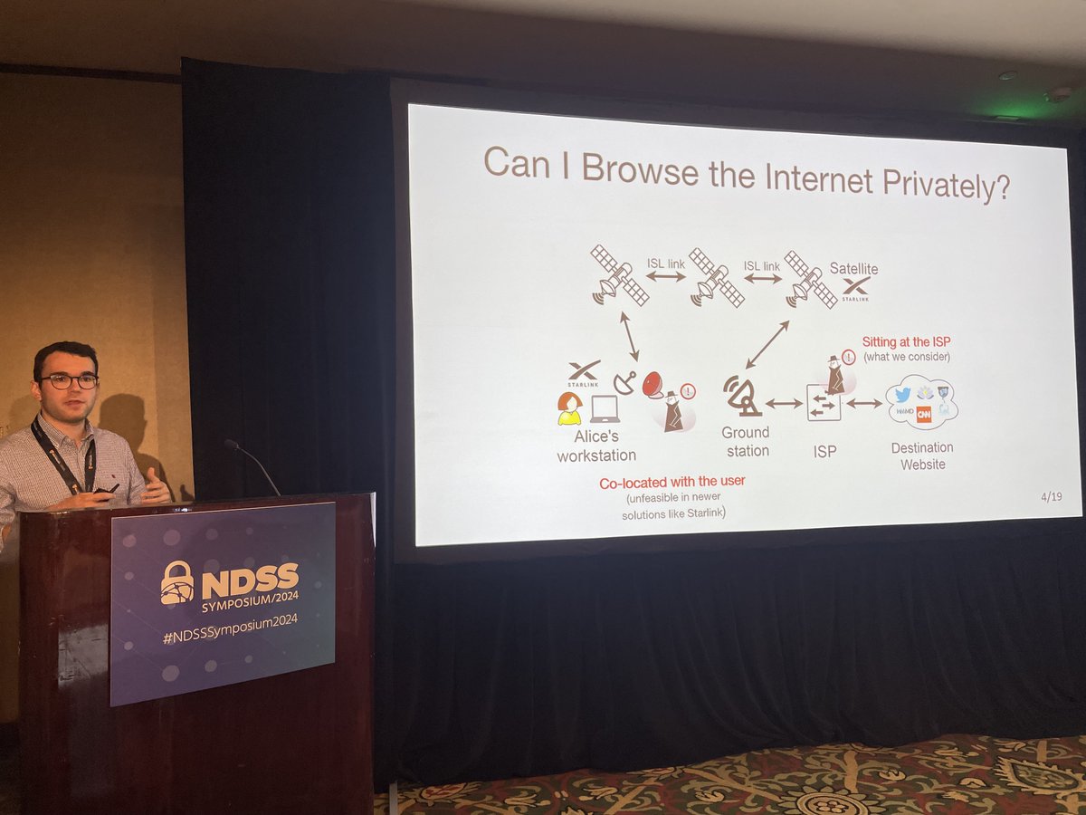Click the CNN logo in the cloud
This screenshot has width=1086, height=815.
click(924, 414)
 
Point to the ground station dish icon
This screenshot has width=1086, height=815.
click(742, 396)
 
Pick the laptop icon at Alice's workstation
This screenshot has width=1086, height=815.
click(605, 409)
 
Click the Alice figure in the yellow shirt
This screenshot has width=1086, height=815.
click(569, 408)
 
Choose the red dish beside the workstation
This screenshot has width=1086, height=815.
click(654, 386)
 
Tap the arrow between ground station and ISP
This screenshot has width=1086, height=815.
click(784, 403)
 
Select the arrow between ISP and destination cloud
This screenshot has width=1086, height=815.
click(863, 403)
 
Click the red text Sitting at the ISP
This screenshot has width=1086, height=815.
click(906, 341)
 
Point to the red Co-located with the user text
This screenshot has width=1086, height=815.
click(672, 481)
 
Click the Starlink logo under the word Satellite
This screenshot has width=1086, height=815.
click(855, 289)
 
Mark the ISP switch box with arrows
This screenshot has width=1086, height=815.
click(824, 403)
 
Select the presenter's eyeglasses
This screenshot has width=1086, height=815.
click(68, 381)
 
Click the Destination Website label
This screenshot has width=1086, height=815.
click(922, 455)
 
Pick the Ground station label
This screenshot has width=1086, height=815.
click(746, 441)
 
